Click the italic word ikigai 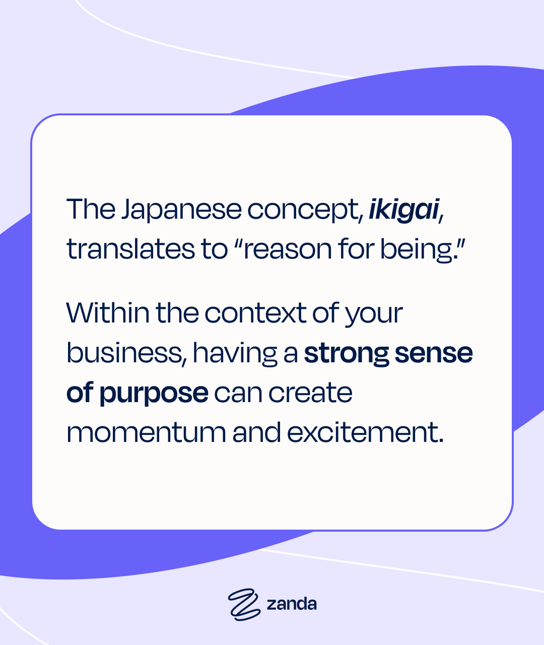point(404,210)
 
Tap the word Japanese point(181,210)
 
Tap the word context point(256,313)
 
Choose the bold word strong point(346,354)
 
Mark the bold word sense point(434,353)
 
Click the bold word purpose point(154,394)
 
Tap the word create point(310,393)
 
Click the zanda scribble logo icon point(244,605)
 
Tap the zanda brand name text point(292,604)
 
